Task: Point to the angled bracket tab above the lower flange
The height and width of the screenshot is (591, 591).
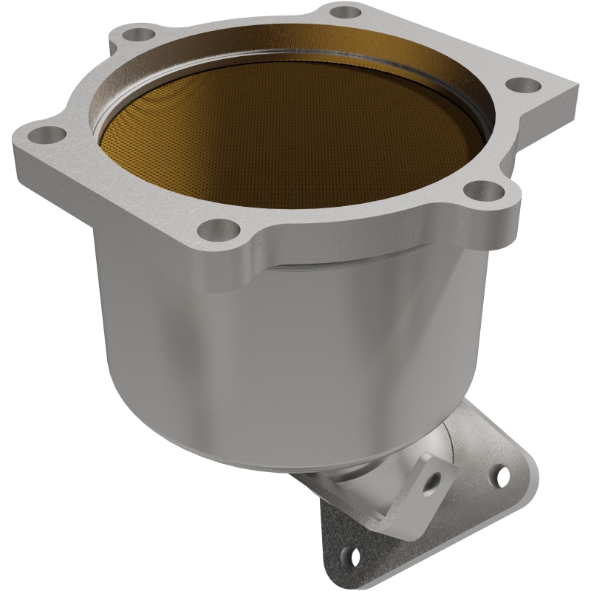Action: point(436,473)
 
